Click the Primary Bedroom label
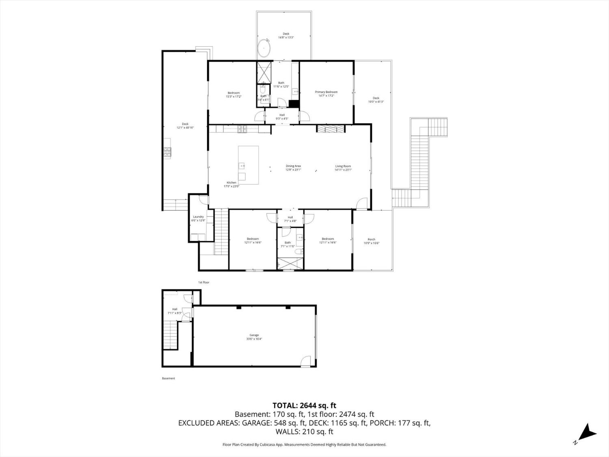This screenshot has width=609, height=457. click(326, 92)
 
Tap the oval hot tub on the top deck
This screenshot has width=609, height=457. click(264, 49)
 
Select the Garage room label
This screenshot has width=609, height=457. click(254, 336)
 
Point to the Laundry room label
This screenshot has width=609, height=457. click(198, 217)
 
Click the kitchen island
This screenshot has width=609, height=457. click(248, 165)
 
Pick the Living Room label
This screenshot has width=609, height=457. click(343, 166)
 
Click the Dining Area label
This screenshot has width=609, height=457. click(293, 166)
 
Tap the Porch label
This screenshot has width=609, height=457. click(371, 240)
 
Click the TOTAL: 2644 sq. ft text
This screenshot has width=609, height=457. click(304, 405)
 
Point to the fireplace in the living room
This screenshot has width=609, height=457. click(330, 129)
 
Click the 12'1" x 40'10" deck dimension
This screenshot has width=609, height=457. click(185, 128)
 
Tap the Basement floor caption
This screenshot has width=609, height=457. click(168, 379)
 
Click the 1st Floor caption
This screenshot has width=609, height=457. click(204, 282)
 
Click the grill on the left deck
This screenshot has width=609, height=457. click(167, 152)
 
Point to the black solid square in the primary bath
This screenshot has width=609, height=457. click(294, 104)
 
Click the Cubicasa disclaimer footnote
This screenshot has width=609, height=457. click(304, 445)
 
